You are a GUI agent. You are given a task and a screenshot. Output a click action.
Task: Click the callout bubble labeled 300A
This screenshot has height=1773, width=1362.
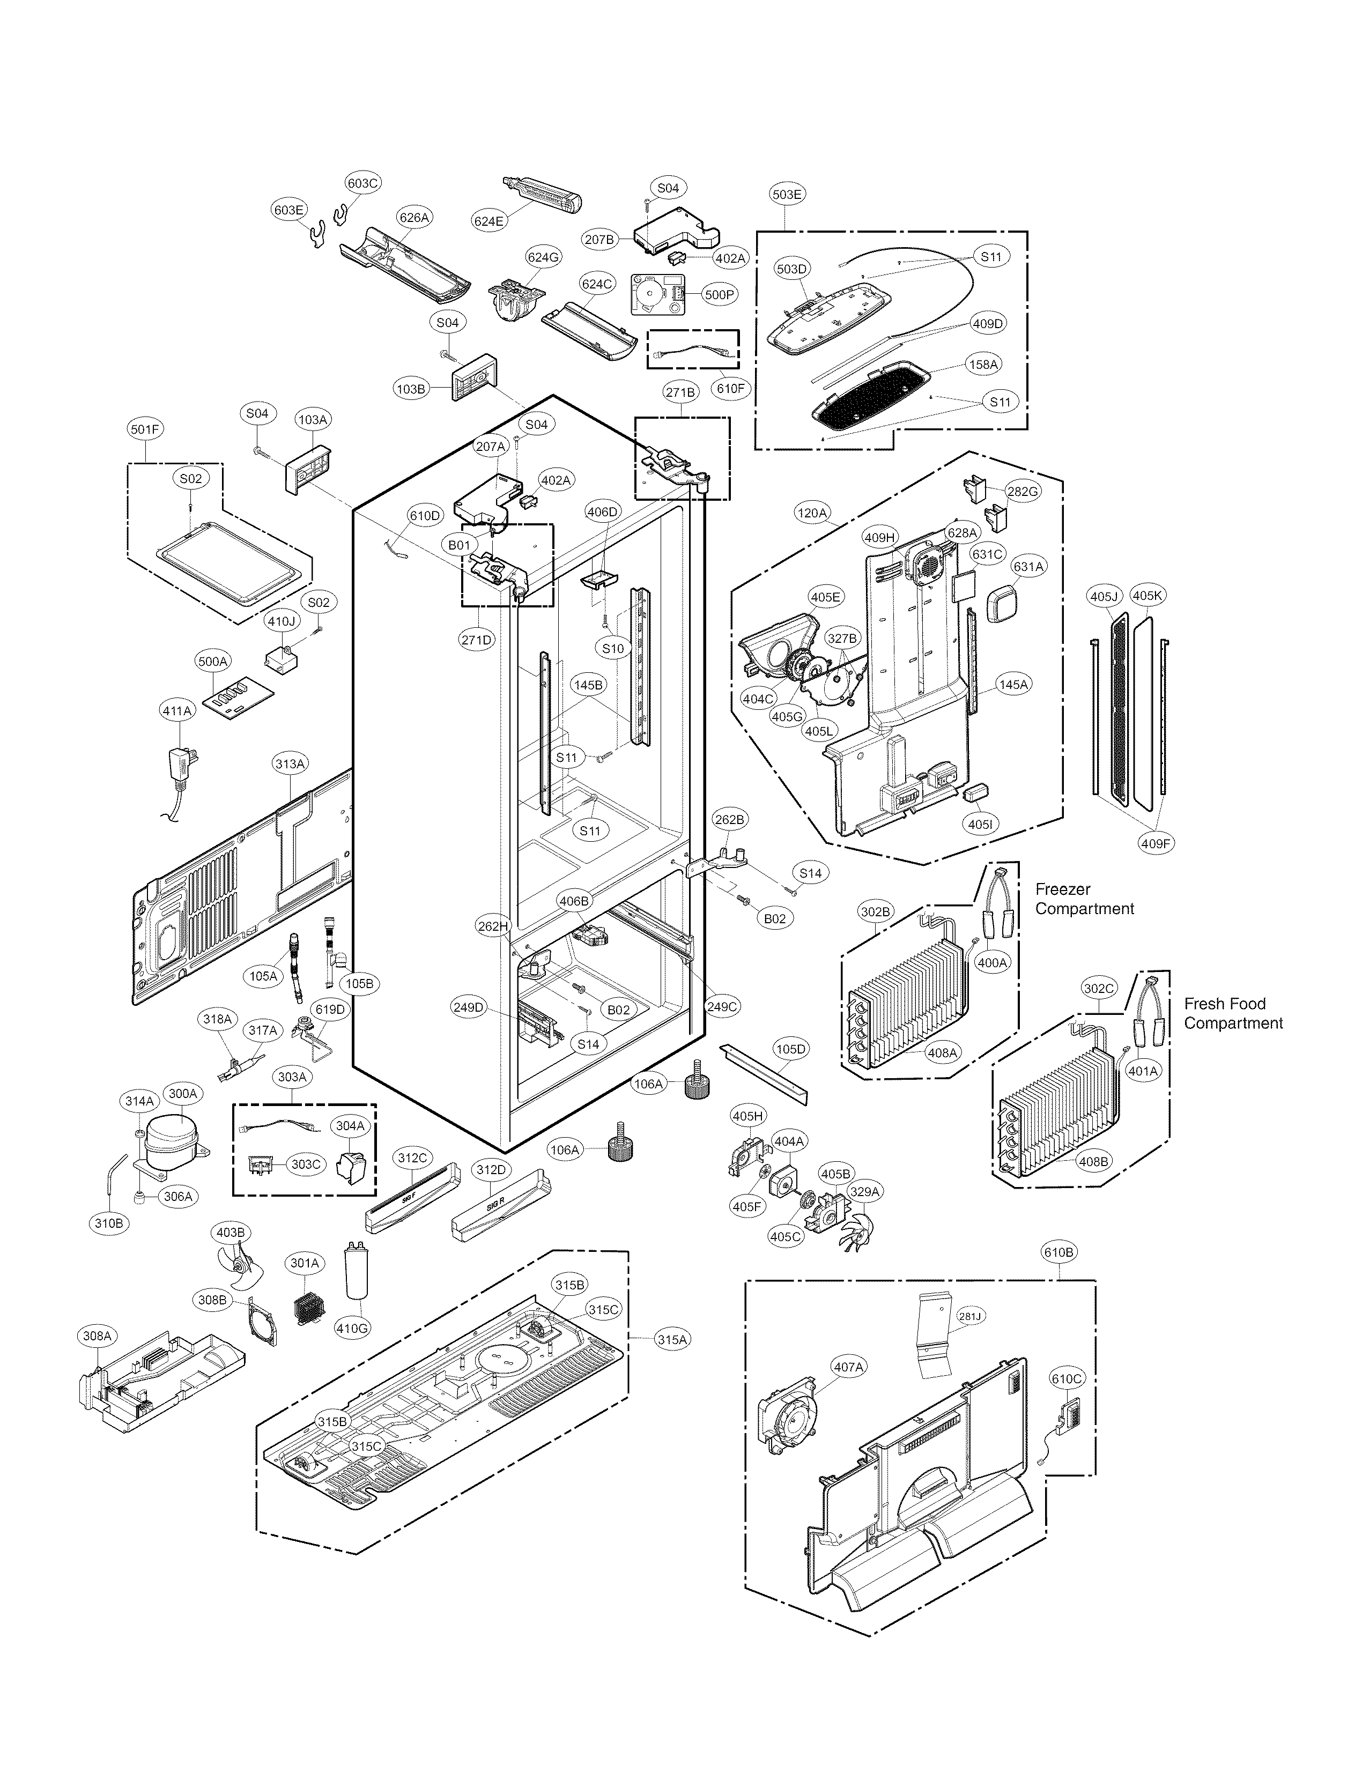tap(182, 1094)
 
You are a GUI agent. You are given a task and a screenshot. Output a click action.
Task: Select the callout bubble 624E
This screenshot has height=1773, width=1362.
tap(489, 220)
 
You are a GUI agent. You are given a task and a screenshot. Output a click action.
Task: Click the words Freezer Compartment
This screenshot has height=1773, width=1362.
tap(1084, 899)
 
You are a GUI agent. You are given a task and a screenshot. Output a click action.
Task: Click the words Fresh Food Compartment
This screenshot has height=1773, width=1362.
tap(1232, 1013)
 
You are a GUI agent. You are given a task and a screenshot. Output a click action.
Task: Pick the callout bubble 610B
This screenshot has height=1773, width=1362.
tap(1059, 1252)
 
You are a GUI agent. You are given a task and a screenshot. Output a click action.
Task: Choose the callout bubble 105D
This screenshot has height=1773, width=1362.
tap(790, 1049)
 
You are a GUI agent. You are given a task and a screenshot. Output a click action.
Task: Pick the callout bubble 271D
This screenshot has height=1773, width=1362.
tap(477, 640)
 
